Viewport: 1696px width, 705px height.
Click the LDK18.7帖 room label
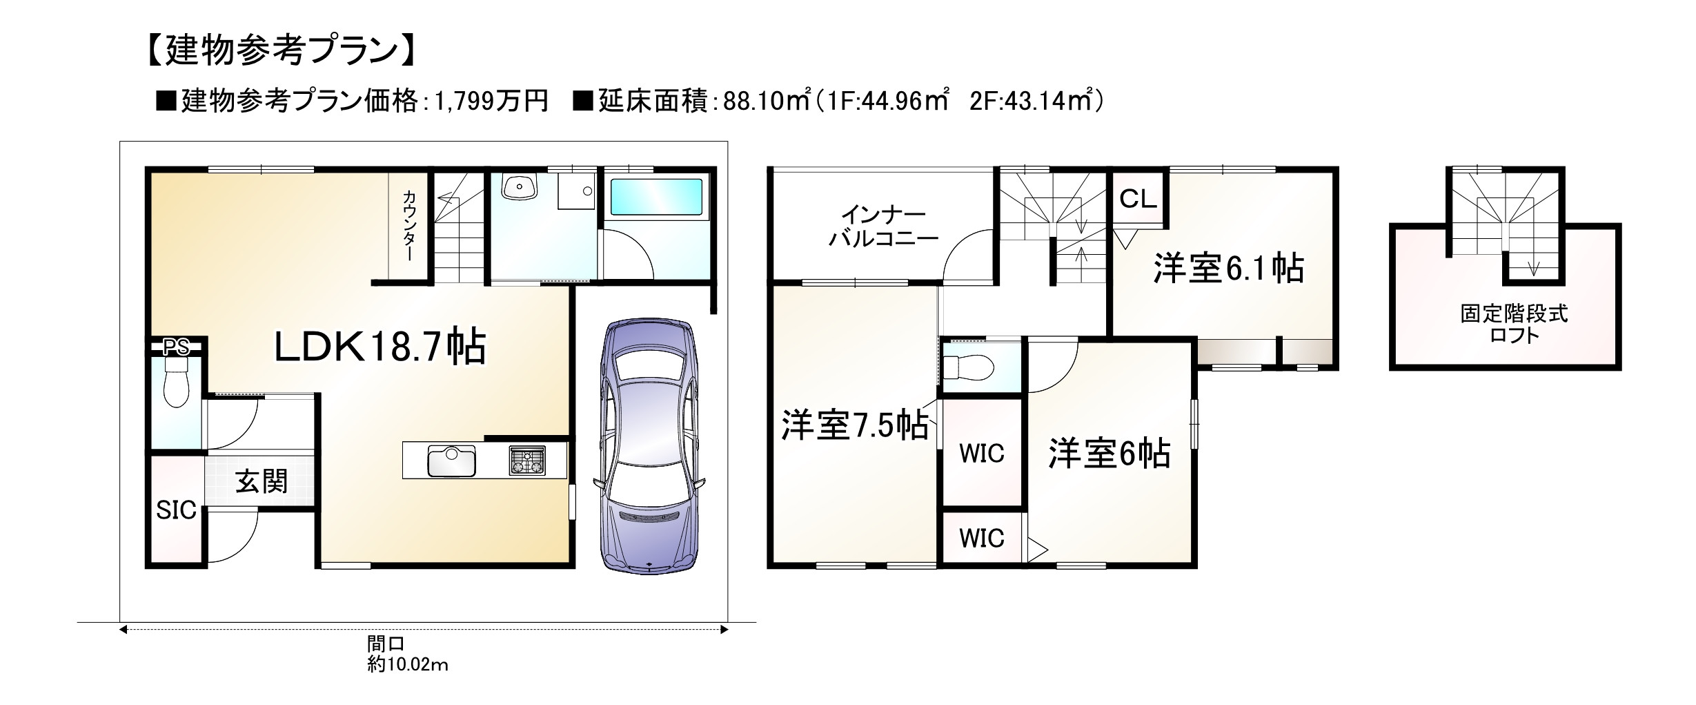tap(380, 347)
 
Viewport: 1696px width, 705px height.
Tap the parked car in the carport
tap(649, 445)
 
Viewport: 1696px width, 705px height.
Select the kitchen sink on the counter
tap(451, 461)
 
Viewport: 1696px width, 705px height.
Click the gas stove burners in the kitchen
tap(527, 461)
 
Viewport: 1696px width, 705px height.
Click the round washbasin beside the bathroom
tap(520, 186)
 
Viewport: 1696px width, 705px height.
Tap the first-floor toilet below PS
tap(176, 390)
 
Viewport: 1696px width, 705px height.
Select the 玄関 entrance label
tap(262, 482)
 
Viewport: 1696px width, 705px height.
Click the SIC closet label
tap(176, 510)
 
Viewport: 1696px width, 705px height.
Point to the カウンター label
tap(409, 225)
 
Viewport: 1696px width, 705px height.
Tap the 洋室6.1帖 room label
tap(1228, 268)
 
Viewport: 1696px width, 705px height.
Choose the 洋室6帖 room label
tap(1109, 454)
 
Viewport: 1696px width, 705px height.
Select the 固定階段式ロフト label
tap(1514, 325)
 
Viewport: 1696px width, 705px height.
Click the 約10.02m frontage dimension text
tap(408, 665)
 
